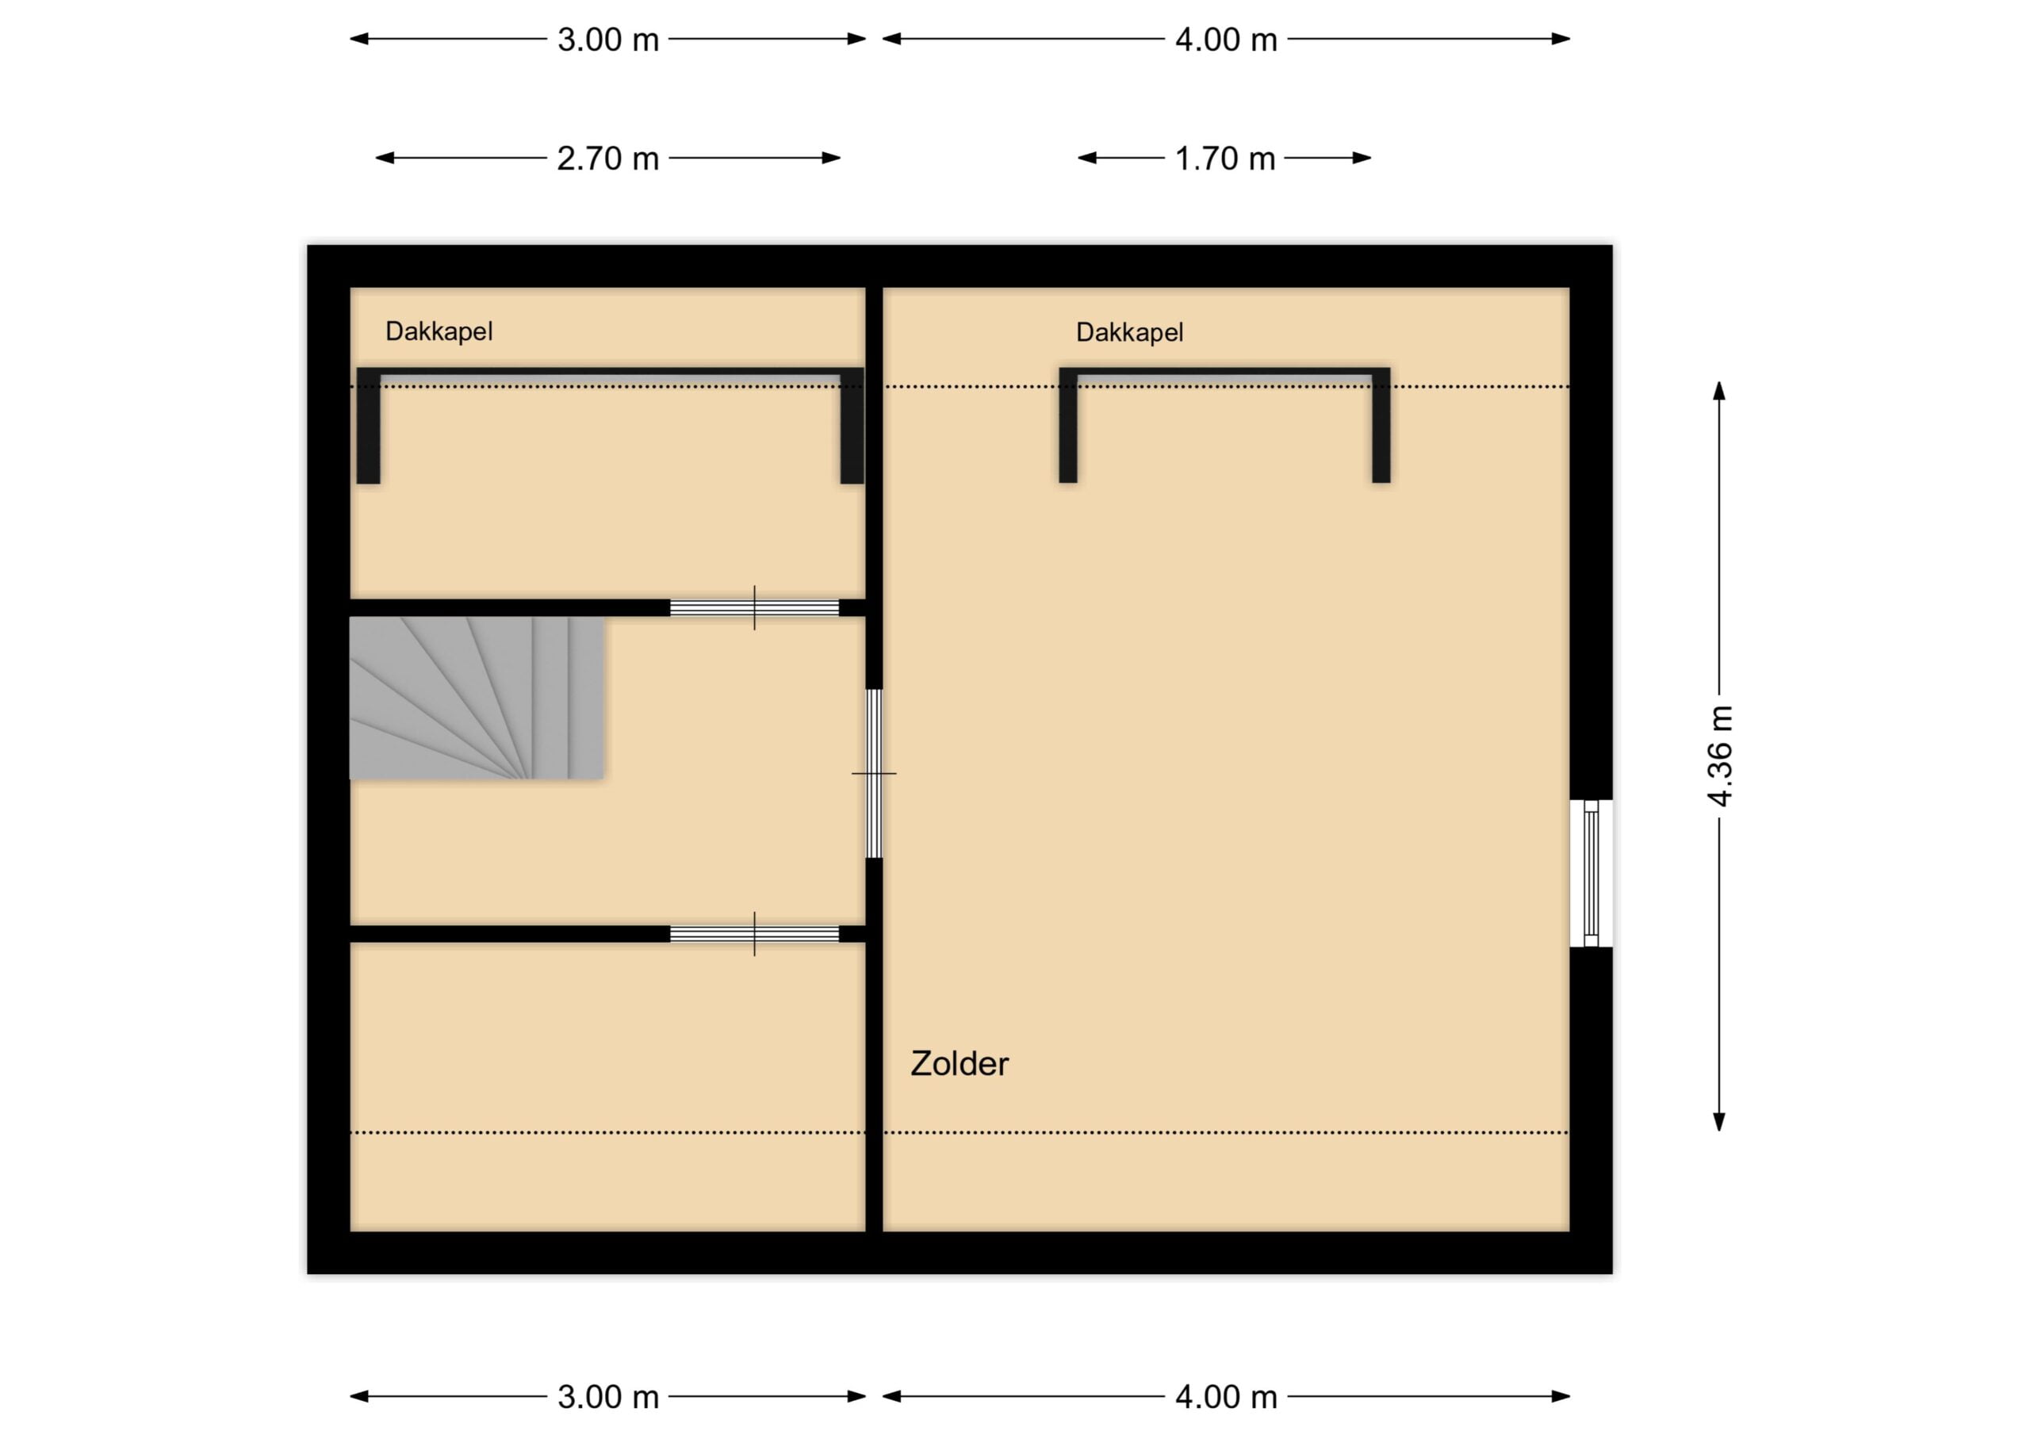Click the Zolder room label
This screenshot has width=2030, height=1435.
pos(959,1064)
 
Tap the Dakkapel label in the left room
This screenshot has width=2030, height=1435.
pos(439,331)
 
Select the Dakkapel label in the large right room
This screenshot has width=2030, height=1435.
pos(1129,332)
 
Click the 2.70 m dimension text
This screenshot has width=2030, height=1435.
pos(608,159)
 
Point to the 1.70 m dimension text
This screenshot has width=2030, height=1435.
pos(1225,159)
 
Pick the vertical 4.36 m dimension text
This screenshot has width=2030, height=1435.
pos(1720,756)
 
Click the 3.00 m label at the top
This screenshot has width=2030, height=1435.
pos(608,40)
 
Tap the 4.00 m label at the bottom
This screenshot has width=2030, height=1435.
pos(1226,1397)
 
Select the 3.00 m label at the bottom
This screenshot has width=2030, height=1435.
pos(608,1397)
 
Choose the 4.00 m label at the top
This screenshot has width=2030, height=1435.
pos(1226,40)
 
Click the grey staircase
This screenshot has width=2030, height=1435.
pos(476,698)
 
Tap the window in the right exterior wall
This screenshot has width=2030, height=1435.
pos(1591,874)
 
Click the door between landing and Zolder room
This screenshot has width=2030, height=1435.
pos(874,774)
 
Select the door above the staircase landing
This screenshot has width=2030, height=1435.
pos(754,607)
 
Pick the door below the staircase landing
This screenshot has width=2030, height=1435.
pos(754,934)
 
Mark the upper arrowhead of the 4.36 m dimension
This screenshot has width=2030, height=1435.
pos(1720,390)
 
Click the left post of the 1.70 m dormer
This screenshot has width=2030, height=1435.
pos(1068,425)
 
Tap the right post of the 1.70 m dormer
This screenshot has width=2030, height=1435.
pos(1381,425)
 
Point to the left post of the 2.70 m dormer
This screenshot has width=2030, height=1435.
pos(369,427)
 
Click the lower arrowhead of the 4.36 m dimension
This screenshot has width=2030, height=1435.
pos(1720,1122)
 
